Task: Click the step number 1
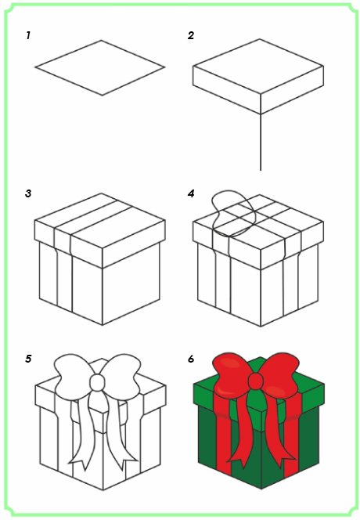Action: pos(28,35)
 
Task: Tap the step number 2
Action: pos(191,35)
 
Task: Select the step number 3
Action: pos(28,193)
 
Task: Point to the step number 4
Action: pos(191,193)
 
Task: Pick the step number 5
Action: pos(28,359)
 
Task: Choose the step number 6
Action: pos(191,359)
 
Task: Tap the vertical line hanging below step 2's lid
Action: pos(261,143)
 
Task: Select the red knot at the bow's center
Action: pos(256,381)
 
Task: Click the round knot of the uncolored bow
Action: pos(98,383)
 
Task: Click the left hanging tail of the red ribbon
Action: pos(241,432)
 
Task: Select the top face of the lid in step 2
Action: pos(258,67)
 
